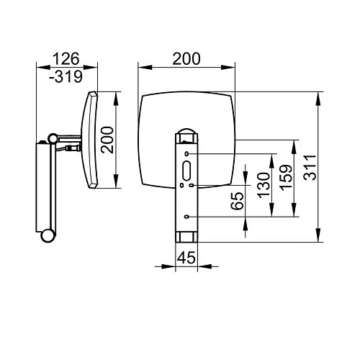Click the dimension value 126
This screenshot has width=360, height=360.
click(66, 59)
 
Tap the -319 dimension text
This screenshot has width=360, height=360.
click(66, 77)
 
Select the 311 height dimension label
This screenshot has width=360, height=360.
click(310, 167)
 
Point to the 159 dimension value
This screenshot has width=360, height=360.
click(287, 178)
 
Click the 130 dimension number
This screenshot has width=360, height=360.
click(264, 185)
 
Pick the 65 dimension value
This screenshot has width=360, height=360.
click(237, 201)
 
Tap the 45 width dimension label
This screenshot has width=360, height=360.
click(186, 258)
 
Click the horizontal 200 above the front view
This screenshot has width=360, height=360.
click(186, 59)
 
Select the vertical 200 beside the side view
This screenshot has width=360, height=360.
click(107, 140)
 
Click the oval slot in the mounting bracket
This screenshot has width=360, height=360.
click(186, 171)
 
